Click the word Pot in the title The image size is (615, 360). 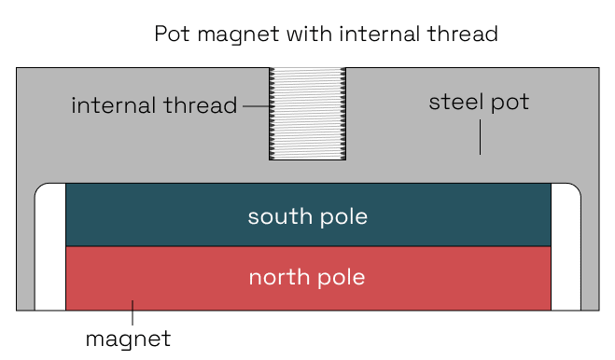(171, 35)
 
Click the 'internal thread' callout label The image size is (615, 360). (154, 105)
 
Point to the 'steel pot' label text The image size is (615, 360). (479, 102)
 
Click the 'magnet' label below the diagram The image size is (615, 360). (128, 338)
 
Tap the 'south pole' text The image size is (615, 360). (307, 217)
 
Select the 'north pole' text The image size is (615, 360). (307, 277)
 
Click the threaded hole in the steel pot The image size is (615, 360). (307, 114)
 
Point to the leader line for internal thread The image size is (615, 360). (255, 105)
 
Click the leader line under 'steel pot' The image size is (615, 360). (480, 138)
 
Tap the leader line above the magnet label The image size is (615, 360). (133, 312)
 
